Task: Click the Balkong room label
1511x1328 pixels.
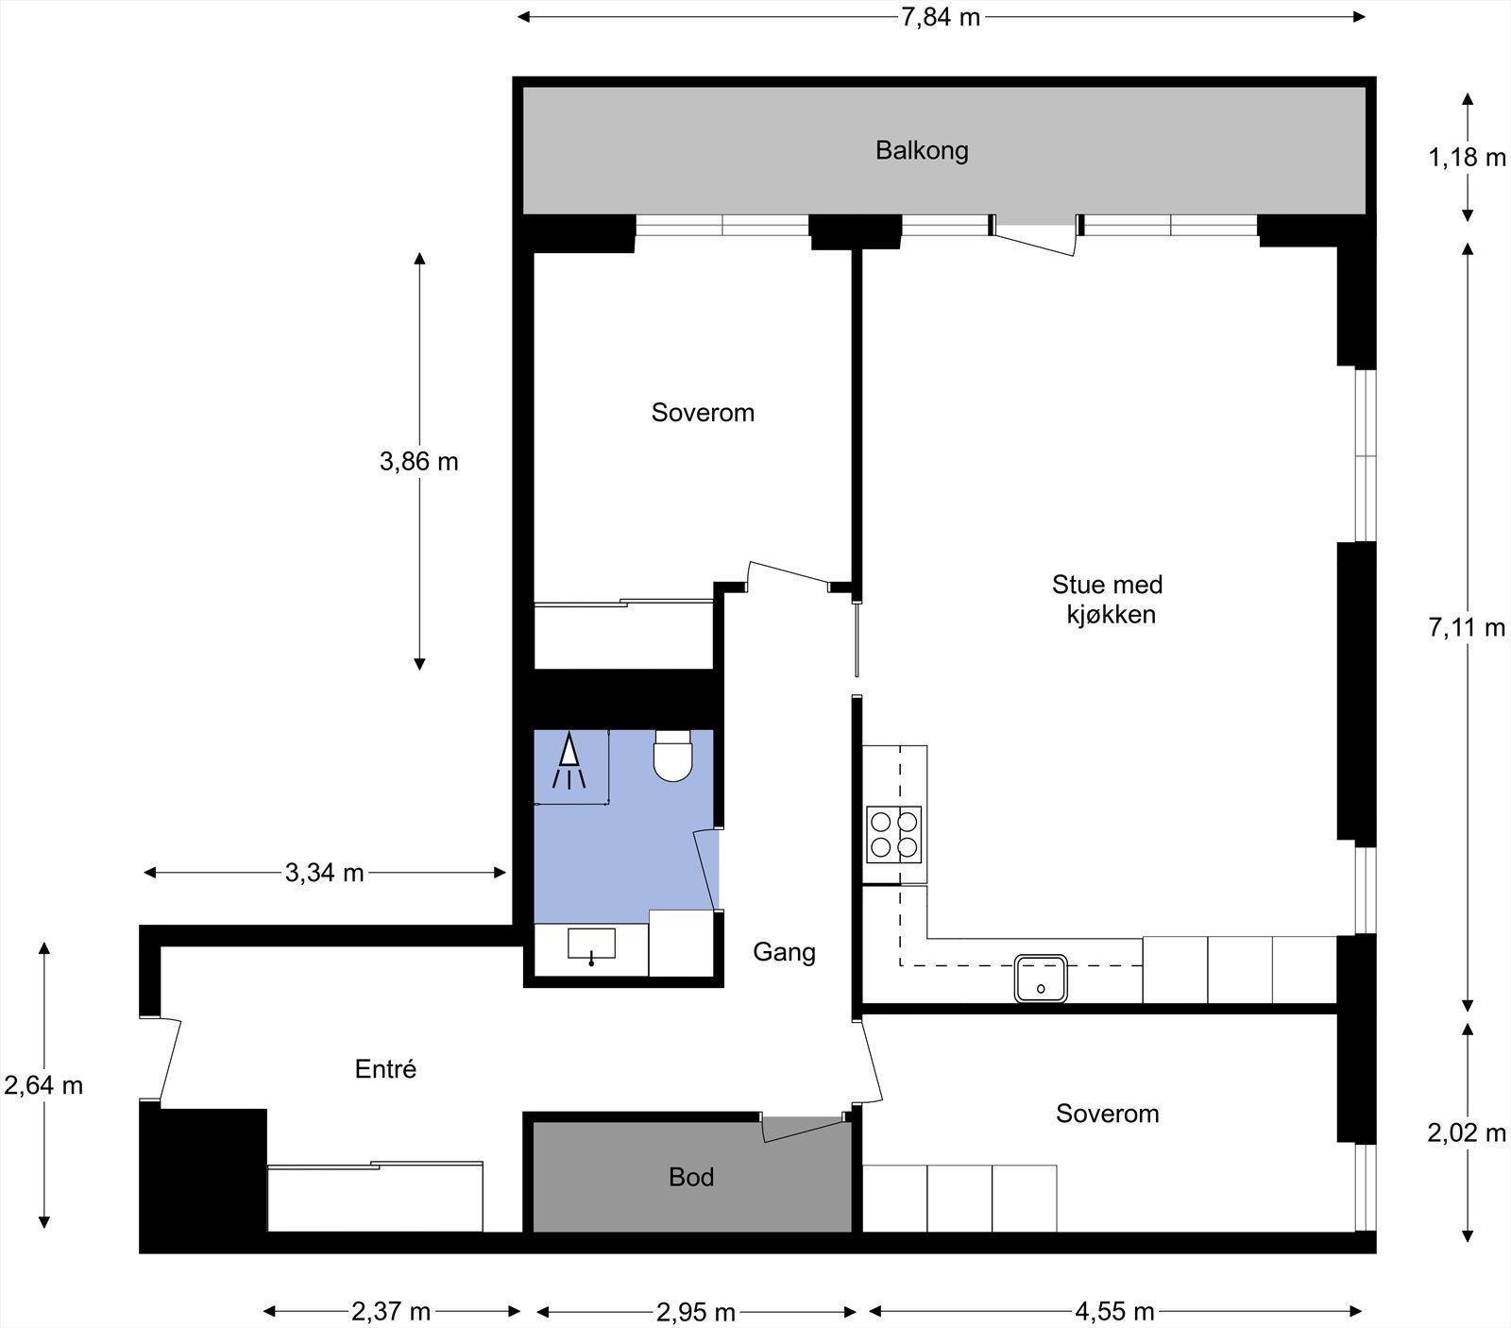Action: coord(922,151)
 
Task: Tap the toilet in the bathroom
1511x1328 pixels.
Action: coord(672,756)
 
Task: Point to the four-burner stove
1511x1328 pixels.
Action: coord(893,834)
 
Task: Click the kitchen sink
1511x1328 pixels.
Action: coord(1041,978)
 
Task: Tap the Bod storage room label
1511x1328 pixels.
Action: coord(691,1177)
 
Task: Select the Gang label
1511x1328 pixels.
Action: coord(784,952)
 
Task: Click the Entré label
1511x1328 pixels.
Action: coord(385,1069)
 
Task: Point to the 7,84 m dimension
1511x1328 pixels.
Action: coord(940,17)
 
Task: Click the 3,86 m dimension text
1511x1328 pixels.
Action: coord(418,462)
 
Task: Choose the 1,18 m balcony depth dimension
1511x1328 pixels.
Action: coord(1466,158)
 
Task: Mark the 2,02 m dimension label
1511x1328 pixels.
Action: coord(1466,1132)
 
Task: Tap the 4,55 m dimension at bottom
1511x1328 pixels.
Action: coord(1114,1312)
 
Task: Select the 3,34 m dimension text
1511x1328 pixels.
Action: coord(324,873)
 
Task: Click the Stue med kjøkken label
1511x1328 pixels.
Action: coord(1108,600)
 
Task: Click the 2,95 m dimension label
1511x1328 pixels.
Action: coord(695,1312)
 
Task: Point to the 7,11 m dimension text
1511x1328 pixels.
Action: coord(1466,627)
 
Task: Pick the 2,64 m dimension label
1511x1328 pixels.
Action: coord(43,1086)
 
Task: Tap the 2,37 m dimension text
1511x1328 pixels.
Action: coord(391,1312)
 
